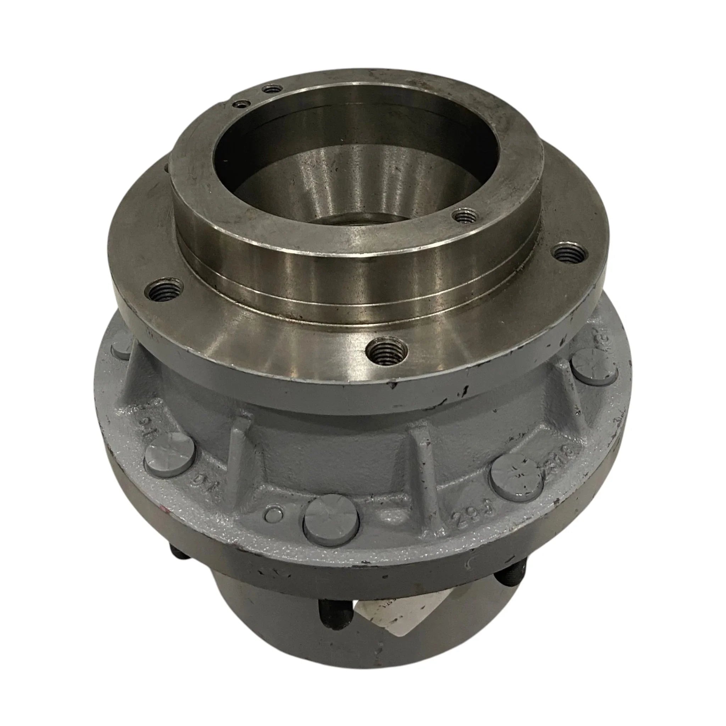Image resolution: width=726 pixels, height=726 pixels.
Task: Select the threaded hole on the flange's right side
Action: point(570,253)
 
